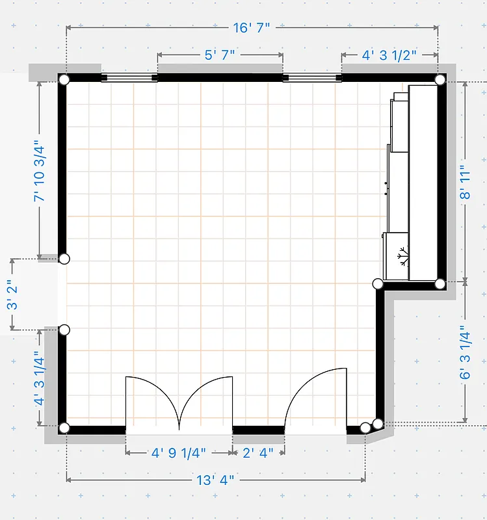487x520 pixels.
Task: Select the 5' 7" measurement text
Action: click(220, 55)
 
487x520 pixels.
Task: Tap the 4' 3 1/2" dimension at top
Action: click(389, 55)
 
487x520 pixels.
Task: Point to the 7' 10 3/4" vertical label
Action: click(40, 170)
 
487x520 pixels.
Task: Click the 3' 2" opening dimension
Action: click(12, 295)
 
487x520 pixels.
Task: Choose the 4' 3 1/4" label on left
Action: click(40, 378)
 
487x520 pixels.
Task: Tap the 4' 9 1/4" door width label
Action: click(179, 452)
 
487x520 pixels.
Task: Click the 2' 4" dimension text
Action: click(258, 452)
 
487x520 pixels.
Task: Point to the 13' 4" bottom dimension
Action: click(215, 480)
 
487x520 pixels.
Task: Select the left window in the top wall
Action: click(129, 78)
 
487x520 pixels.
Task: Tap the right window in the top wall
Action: click(312, 78)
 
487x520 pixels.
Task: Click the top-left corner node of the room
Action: click(64, 80)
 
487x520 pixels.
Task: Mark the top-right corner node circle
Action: click(440, 80)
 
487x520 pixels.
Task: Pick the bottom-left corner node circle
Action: click(64, 428)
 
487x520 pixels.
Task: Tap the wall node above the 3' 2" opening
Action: click(64, 259)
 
